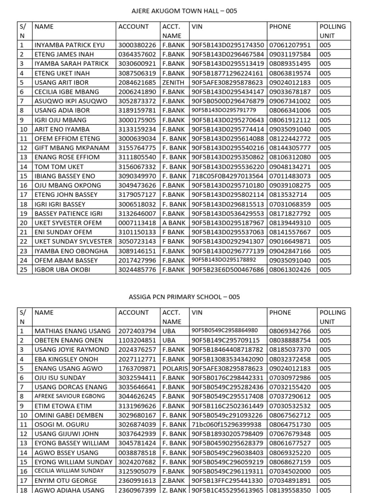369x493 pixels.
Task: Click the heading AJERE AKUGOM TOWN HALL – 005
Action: coord(184,11)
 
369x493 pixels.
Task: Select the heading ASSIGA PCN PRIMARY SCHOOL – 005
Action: coord(184,297)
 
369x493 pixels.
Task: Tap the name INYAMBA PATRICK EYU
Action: coord(69,45)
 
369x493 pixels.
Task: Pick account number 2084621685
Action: coord(137,82)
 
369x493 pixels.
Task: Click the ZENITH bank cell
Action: coord(173,82)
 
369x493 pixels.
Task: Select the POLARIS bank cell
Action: coord(175,368)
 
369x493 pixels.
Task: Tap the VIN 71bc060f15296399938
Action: coord(226,425)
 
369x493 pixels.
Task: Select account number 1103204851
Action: coord(137,340)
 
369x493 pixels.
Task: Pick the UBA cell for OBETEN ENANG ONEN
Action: coord(169,340)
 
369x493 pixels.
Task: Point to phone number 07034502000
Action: coord(290,471)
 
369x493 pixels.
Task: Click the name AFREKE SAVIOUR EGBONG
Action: coord(69,396)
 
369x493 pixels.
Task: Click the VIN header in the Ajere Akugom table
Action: coord(197,27)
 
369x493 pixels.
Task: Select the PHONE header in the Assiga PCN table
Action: coord(280,313)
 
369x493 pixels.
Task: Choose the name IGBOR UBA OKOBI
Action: coord(62,270)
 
